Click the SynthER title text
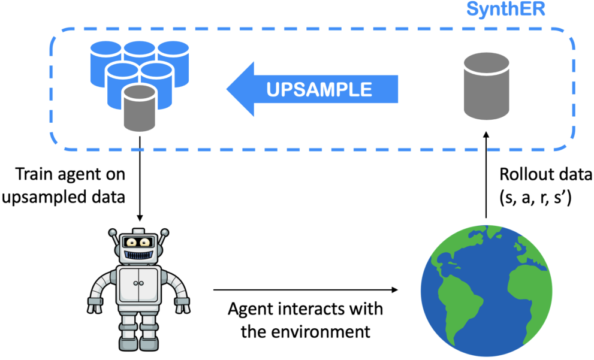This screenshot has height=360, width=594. pos(505,10)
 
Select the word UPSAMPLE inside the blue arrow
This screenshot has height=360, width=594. pos(319,89)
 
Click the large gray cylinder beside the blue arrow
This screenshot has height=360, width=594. pos(487,86)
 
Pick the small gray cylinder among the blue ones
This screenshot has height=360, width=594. pos(140,107)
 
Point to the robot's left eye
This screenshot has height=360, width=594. pos(131,242)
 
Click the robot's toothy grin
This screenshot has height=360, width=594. pos(139,254)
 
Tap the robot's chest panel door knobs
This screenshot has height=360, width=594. pos(138,283)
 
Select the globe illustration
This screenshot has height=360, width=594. pos(487,291)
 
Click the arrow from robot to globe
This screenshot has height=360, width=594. pos(305,290)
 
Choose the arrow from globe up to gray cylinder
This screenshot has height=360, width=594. pos(487,175)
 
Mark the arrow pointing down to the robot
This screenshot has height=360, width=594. pos(140,179)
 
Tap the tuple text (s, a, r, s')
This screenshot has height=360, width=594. pos(535,197)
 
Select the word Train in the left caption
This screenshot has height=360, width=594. pos(34,174)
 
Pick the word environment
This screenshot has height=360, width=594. pos(321,332)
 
